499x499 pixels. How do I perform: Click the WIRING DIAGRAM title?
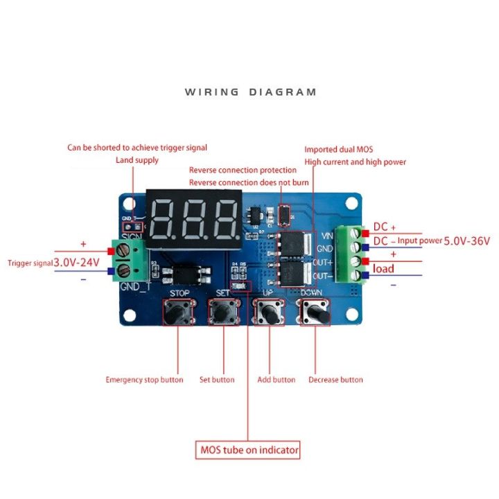point(250,92)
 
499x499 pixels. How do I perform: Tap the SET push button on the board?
point(223,313)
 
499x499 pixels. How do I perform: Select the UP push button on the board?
point(269,313)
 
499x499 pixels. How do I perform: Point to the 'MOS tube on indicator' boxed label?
point(249,450)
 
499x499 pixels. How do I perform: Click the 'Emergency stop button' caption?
point(144,380)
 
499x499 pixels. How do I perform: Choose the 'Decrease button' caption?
point(335,380)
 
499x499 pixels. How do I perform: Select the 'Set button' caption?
point(217,380)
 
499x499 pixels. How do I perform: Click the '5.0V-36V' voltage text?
point(467,241)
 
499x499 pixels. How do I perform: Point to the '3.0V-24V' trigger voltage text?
point(76,263)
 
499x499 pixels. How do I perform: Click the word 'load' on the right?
point(383,268)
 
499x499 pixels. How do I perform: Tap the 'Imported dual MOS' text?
point(338,149)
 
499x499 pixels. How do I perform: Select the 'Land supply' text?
point(137,160)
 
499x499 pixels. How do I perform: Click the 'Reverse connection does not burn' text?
point(243,182)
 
